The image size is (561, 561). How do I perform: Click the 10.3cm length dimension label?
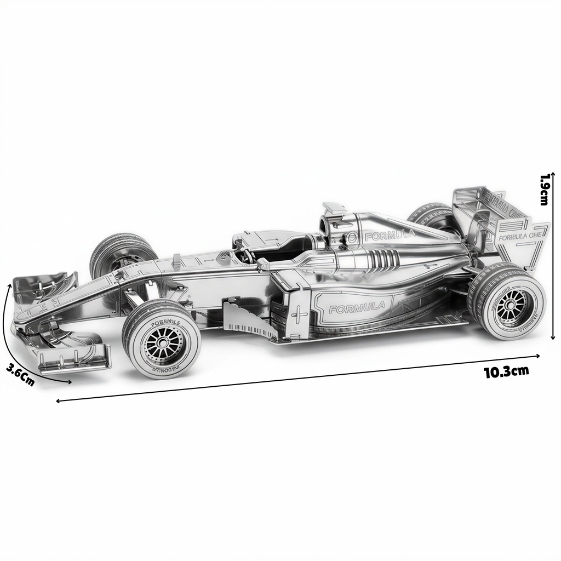tap(506, 371)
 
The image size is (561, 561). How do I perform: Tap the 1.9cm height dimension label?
tap(545, 190)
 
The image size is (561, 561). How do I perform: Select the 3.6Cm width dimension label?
tap(20, 375)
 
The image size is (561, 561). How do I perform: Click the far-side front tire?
tap(122, 251)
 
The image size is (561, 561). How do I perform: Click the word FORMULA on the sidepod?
tap(357, 307)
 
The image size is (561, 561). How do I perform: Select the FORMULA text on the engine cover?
tap(390, 235)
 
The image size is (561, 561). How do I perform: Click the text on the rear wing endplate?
tap(520, 236)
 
